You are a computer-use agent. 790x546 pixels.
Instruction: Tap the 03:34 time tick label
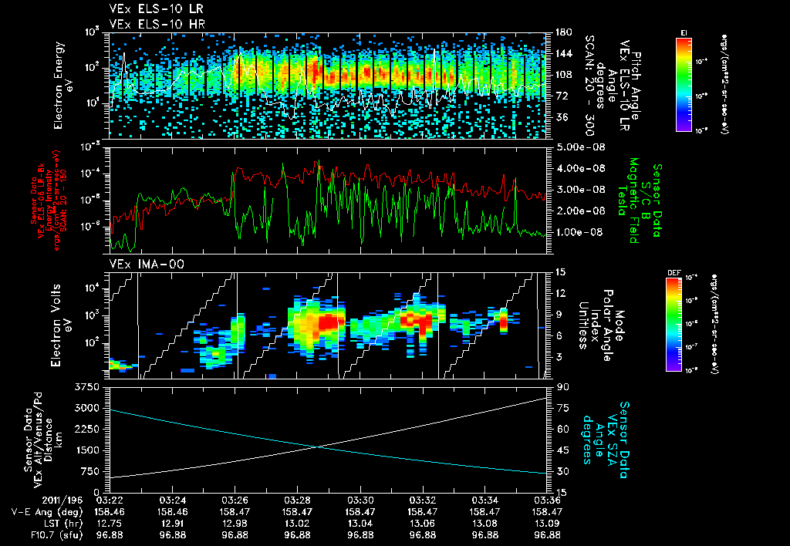pos(484,501)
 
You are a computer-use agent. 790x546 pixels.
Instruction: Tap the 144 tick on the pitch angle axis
pos(562,54)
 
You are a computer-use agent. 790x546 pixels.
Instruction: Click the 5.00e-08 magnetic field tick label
pos(577,147)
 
